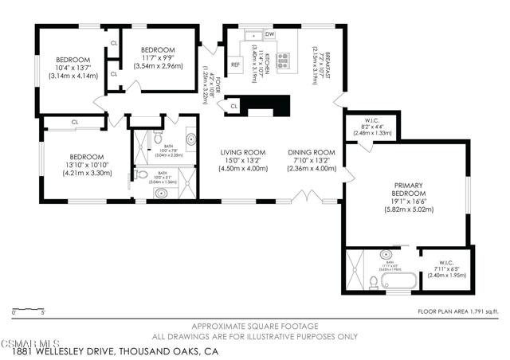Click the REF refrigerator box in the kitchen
(236, 65)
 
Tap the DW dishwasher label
(270, 35)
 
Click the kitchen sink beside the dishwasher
(253, 35)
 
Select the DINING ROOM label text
(311, 151)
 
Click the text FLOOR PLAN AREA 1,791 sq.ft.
(460, 311)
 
